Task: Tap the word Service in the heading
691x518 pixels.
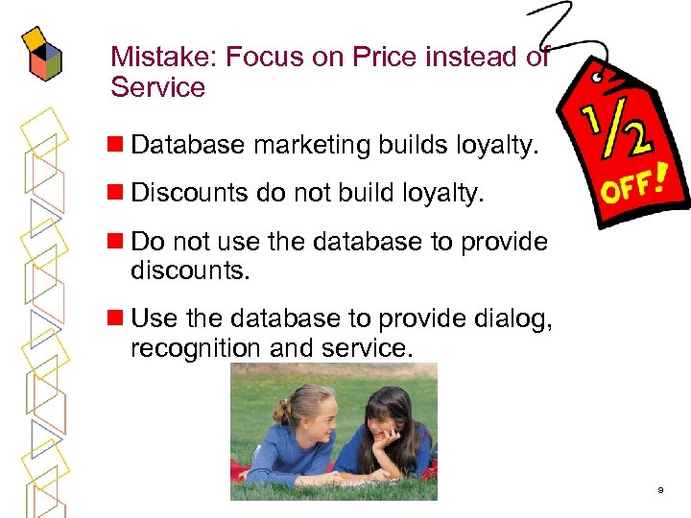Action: click(x=158, y=88)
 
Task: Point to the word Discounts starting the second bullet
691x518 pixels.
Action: click(x=189, y=193)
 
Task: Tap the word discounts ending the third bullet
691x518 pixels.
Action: click(x=189, y=271)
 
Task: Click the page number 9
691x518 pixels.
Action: click(x=660, y=490)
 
